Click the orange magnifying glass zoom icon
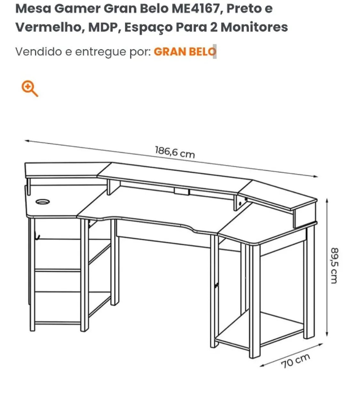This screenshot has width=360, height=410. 29,89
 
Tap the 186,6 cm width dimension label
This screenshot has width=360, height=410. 175,152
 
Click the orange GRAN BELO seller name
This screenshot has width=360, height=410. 185,52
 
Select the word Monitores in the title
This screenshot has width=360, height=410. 254,27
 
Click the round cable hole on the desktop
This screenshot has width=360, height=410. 43,202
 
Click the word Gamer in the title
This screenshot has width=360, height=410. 77,9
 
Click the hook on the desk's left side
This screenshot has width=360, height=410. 37,236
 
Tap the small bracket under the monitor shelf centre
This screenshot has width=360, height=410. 181,192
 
